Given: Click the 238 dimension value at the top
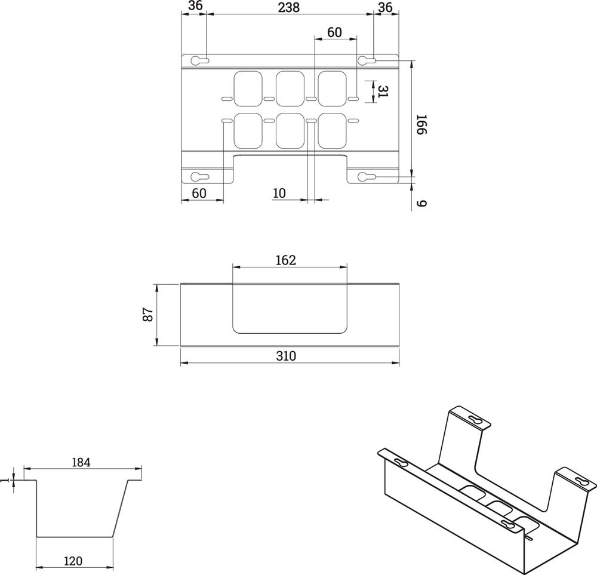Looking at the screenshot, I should click(289, 7).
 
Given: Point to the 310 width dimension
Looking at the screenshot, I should click(287, 356).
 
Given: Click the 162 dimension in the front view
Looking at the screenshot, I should click(286, 260).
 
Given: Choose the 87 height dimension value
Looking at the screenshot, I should click(148, 315).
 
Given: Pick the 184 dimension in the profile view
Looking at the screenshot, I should click(81, 462).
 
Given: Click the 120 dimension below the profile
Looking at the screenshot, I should click(73, 561).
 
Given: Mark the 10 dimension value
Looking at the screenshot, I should click(279, 193).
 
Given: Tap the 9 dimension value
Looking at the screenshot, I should click(421, 203).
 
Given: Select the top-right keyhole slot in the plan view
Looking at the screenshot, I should click(367, 60).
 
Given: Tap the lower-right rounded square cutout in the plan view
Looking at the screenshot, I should click(331, 130).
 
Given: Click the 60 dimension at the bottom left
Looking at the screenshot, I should click(199, 193).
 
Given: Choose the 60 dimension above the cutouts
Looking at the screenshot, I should click(334, 32).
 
